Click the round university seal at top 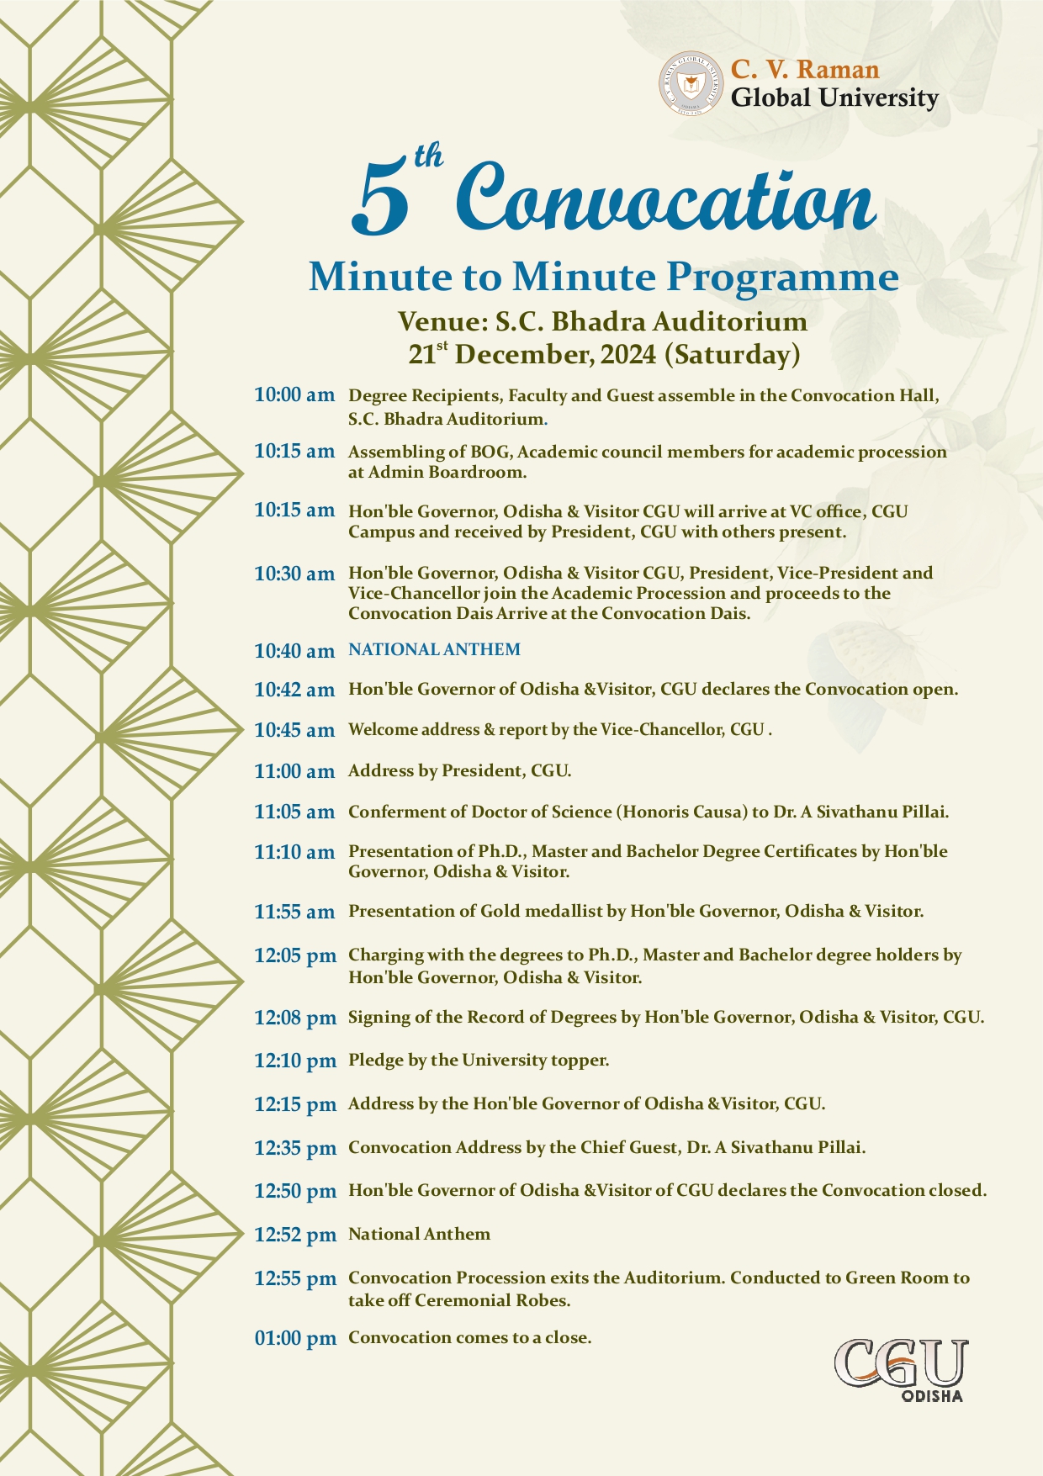coord(691,83)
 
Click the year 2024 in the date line coord(628,355)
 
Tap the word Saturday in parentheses coord(732,355)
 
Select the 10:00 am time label coord(294,394)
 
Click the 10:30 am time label coord(294,574)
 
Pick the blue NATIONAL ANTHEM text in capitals coord(434,649)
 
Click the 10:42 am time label coord(294,690)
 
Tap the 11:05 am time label coord(294,812)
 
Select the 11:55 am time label coord(294,912)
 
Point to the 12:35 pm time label coord(295,1148)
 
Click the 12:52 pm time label coord(295,1235)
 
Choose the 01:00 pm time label coord(295,1338)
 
